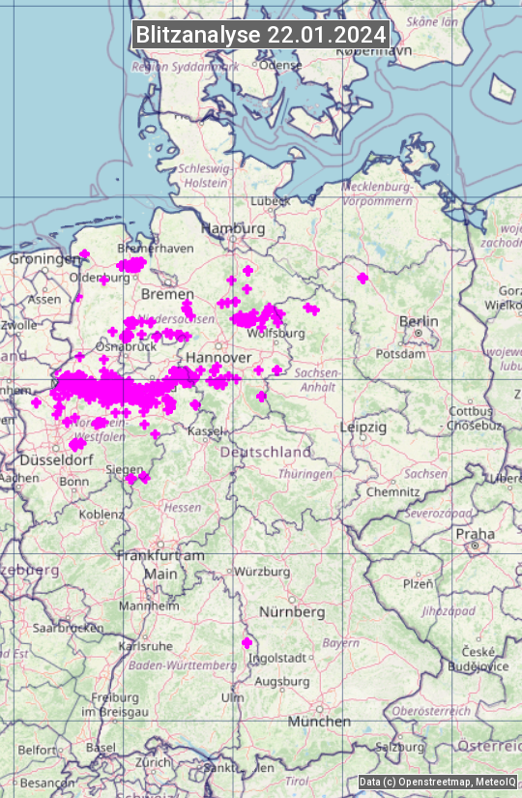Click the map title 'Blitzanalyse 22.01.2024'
click(x=261, y=35)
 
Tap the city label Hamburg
click(x=232, y=228)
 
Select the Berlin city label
click(x=419, y=321)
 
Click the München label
click(x=319, y=722)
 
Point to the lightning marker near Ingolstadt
click(x=246, y=643)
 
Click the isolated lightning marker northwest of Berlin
click(x=362, y=279)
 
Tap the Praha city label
click(x=475, y=534)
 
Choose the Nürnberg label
click(x=292, y=612)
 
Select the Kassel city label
click(x=204, y=429)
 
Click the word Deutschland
click(x=266, y=452)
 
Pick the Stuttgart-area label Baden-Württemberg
click(x=183, y=665)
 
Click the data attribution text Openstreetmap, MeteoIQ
click(x=438, y=782)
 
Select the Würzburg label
click(x=262, y=572)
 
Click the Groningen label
click(x=44, y=259)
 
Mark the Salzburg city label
click(x=400, y=747)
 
